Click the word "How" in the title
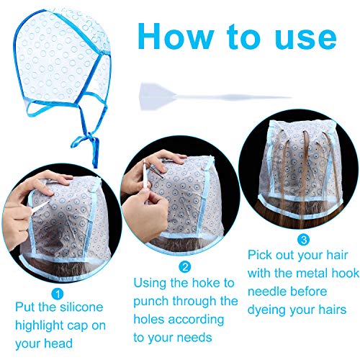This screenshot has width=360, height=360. [176, 36]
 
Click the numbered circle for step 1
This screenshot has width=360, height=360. [58, 294]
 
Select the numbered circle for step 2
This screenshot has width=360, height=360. [185, 267]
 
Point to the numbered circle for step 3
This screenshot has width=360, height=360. [304, 240]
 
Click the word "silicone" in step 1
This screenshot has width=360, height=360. [81, 307]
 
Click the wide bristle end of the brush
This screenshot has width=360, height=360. [153, 96]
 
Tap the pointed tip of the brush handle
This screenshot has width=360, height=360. [291, 97]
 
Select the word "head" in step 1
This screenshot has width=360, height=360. [58, 343]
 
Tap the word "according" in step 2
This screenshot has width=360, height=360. [197, 320]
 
